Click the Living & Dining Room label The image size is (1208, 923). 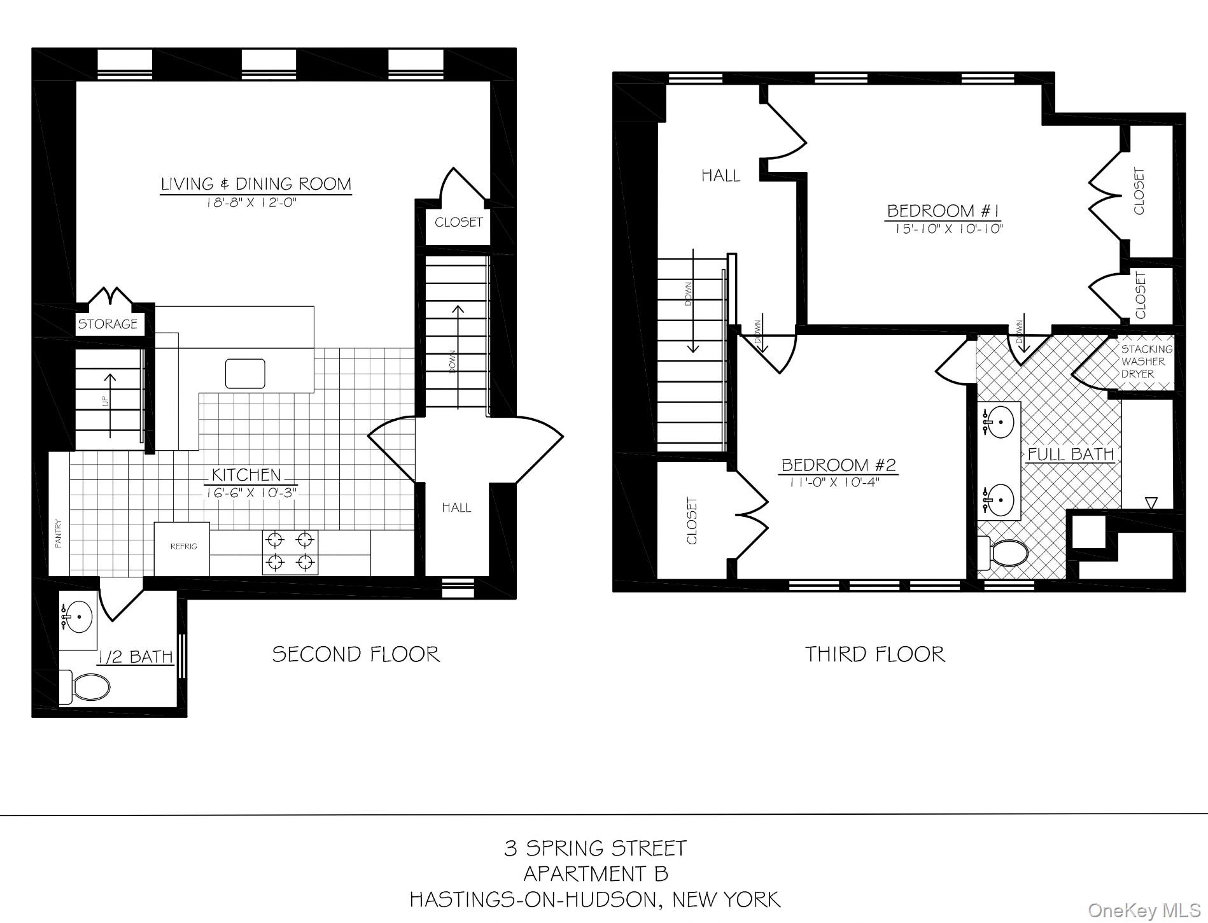pos(255,184)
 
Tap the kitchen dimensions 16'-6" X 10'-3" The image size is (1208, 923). pos(251,493)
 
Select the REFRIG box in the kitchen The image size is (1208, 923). pos(183,547)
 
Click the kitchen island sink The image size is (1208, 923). pos(245,373)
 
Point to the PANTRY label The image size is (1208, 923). pos(59,533)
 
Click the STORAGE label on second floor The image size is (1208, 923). pos(108,324)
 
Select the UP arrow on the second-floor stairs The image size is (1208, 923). pos(110,404)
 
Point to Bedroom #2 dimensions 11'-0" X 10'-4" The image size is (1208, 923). pos(834,482)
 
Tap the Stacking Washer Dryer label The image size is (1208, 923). pos(1146,362)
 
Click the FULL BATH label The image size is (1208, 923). pos(1071,454)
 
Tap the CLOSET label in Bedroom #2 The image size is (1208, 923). pos(692,521)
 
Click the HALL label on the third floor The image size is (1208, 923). pos(720,176)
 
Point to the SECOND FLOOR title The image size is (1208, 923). pos(356,654)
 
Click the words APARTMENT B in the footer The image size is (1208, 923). pos(596,874)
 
